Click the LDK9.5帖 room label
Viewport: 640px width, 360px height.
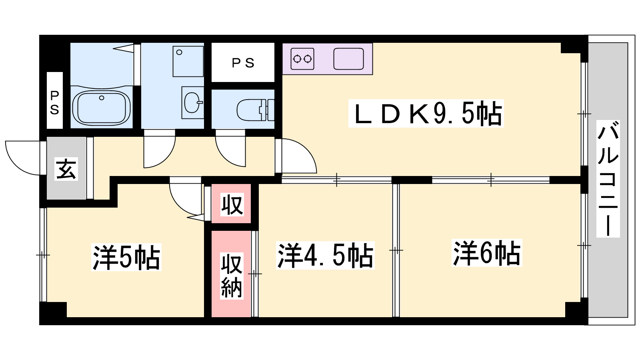click(426, 114)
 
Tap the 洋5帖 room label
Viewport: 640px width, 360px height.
click(126, 257)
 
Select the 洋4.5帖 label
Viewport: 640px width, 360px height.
click(325, 256)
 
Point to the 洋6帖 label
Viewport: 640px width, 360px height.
click(487, 253)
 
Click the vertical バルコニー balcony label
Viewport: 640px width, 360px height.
click(608, 179)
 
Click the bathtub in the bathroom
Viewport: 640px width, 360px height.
click(102, 108)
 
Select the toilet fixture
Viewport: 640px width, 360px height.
click(256, 110)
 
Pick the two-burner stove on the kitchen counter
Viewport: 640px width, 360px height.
click(302, 59)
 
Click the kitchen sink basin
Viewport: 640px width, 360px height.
click(348, 59)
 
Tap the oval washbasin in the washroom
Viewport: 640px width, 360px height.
click(192, 102)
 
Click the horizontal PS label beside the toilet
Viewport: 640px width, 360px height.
click(243, 63)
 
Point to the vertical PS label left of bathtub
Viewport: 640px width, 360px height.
click(54, 102)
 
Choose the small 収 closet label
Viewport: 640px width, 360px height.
click(232, 204)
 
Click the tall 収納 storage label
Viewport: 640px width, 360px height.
click(232, 276)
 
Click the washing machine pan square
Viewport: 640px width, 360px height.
click(188, 62)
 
